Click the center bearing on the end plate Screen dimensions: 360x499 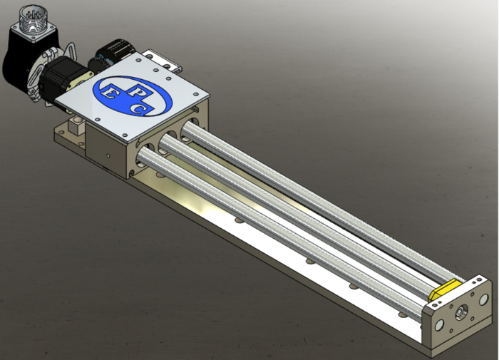pos(463,311)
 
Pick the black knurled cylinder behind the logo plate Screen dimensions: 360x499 pos(114,52)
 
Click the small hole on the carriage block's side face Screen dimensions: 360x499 pos(106,154)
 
